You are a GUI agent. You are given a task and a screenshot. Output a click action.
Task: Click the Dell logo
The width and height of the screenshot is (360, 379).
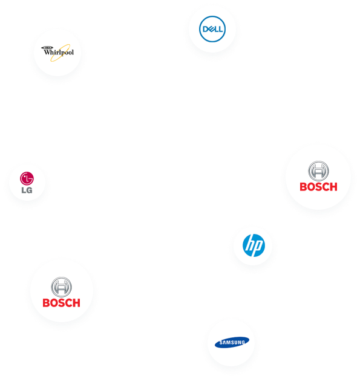point(212,29)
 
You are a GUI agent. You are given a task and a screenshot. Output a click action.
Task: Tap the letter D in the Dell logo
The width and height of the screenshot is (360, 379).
point(205,29)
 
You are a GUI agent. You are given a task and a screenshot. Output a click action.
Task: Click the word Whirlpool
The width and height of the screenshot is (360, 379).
point(59,52)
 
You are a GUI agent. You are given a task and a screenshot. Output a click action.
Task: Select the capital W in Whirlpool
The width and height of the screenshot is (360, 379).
point(47,52)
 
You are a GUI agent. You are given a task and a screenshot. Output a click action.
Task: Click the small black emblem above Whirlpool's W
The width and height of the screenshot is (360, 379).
point(47,47)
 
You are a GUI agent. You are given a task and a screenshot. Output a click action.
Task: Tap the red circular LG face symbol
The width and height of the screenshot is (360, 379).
point(27,179)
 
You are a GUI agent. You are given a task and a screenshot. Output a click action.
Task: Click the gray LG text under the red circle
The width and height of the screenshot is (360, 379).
point(27,190)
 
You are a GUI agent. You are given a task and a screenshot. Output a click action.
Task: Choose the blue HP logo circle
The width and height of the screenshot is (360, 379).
point(254,245)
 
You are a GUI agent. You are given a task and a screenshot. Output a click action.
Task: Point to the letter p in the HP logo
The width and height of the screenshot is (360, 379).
point(257,247)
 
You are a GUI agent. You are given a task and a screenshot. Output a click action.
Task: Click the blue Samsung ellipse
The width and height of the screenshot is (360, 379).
point(232,342)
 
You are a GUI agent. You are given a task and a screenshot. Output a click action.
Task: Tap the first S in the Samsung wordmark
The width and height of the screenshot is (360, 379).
point(221,343)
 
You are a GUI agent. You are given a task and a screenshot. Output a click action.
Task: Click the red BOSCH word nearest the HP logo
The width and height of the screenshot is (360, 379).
point(318,187)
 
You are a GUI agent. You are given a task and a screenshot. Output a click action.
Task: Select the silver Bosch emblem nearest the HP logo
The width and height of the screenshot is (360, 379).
point(318,171)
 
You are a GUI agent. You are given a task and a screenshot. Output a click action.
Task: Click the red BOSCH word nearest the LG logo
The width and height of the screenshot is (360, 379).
point(62,303)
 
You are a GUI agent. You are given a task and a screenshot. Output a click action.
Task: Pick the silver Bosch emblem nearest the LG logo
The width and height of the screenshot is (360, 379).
point(61,287)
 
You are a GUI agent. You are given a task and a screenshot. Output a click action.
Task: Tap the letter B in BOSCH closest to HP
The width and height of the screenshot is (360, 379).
point(303,187)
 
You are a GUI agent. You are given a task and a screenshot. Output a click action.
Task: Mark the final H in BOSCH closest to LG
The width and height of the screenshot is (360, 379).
point(76,303)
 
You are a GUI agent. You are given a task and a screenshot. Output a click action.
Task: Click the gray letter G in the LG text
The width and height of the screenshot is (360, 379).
point(30,190)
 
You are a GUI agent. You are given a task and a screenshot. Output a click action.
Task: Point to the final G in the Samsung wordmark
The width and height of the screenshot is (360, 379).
point(243,342)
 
